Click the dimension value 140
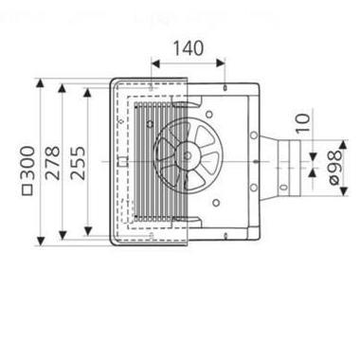coord(188,46)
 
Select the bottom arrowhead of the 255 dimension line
coord(88,230)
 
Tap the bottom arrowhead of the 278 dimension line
coord(63,239)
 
